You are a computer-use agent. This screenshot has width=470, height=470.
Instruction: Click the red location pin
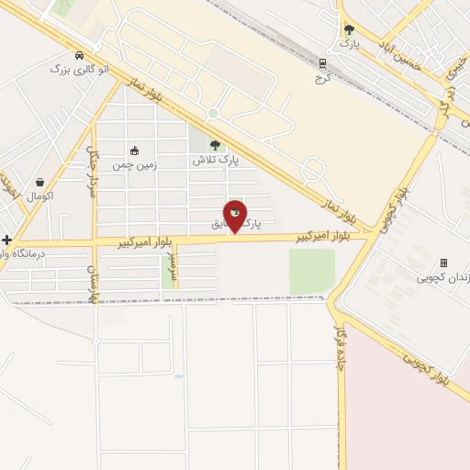(235, 216)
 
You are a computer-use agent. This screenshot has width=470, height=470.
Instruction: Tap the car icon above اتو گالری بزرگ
(81, 55)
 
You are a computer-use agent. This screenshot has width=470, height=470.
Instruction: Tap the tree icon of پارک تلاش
(215, 144)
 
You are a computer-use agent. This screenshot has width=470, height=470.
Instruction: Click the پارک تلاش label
(215, 160)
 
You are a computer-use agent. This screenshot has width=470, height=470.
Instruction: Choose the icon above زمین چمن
(134, 151)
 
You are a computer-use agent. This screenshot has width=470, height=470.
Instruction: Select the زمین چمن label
(135, 165)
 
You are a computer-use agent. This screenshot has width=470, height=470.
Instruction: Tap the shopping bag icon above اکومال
(40, 182)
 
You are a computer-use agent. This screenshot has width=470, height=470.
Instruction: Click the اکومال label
(40, 196)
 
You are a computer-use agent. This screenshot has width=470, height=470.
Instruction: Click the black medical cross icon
(7, 240)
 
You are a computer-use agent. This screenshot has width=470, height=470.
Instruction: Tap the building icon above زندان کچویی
(443, 263)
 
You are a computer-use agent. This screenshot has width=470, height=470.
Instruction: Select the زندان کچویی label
(442, 277)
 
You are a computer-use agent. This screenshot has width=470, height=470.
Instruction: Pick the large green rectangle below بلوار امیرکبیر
(312, 271)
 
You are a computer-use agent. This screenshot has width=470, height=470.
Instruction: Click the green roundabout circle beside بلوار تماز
(213, 114)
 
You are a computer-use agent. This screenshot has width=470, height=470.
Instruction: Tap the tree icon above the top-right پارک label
(348, 29)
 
